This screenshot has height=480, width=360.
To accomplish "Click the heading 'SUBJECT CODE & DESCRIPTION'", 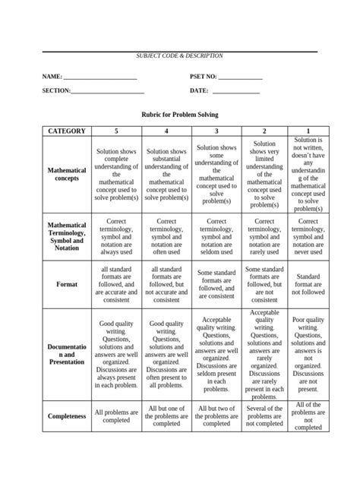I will click(x=179, y=57).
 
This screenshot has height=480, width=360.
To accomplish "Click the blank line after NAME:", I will click(x=99, y=78).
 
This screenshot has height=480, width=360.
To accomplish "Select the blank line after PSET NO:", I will click(x=240, y=78).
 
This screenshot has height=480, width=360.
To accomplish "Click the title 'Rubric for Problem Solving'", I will click(x=180, y=114).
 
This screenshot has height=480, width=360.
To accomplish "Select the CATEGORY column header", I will click(x=67, y=131).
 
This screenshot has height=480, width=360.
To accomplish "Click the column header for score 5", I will click(x=116, y=131).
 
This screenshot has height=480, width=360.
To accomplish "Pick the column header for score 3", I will click(x=216, y=131).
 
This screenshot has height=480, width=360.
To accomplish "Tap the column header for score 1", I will click(x=308, y=131).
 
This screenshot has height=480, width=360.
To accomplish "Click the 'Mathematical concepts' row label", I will click(x=67, y=175).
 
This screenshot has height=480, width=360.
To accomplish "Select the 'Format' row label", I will click(x=67, y=284).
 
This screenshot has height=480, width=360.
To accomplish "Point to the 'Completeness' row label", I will click(x=67, y=416).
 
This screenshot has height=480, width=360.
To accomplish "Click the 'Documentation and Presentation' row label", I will click(x=67, y=354).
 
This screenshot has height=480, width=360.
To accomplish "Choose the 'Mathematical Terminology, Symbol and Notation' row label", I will click(x=67, y=237).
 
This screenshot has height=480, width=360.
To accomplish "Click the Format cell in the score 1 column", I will click(x=308, y=284).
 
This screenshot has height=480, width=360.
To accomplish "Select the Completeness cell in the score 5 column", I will click(x=116, y=416).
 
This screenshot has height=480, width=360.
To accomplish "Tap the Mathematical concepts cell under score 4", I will click(x=166, y=175).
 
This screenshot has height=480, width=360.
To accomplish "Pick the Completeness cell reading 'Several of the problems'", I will click(x=264, y=416).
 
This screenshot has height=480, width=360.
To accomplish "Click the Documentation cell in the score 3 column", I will click(x=216, y=354).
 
